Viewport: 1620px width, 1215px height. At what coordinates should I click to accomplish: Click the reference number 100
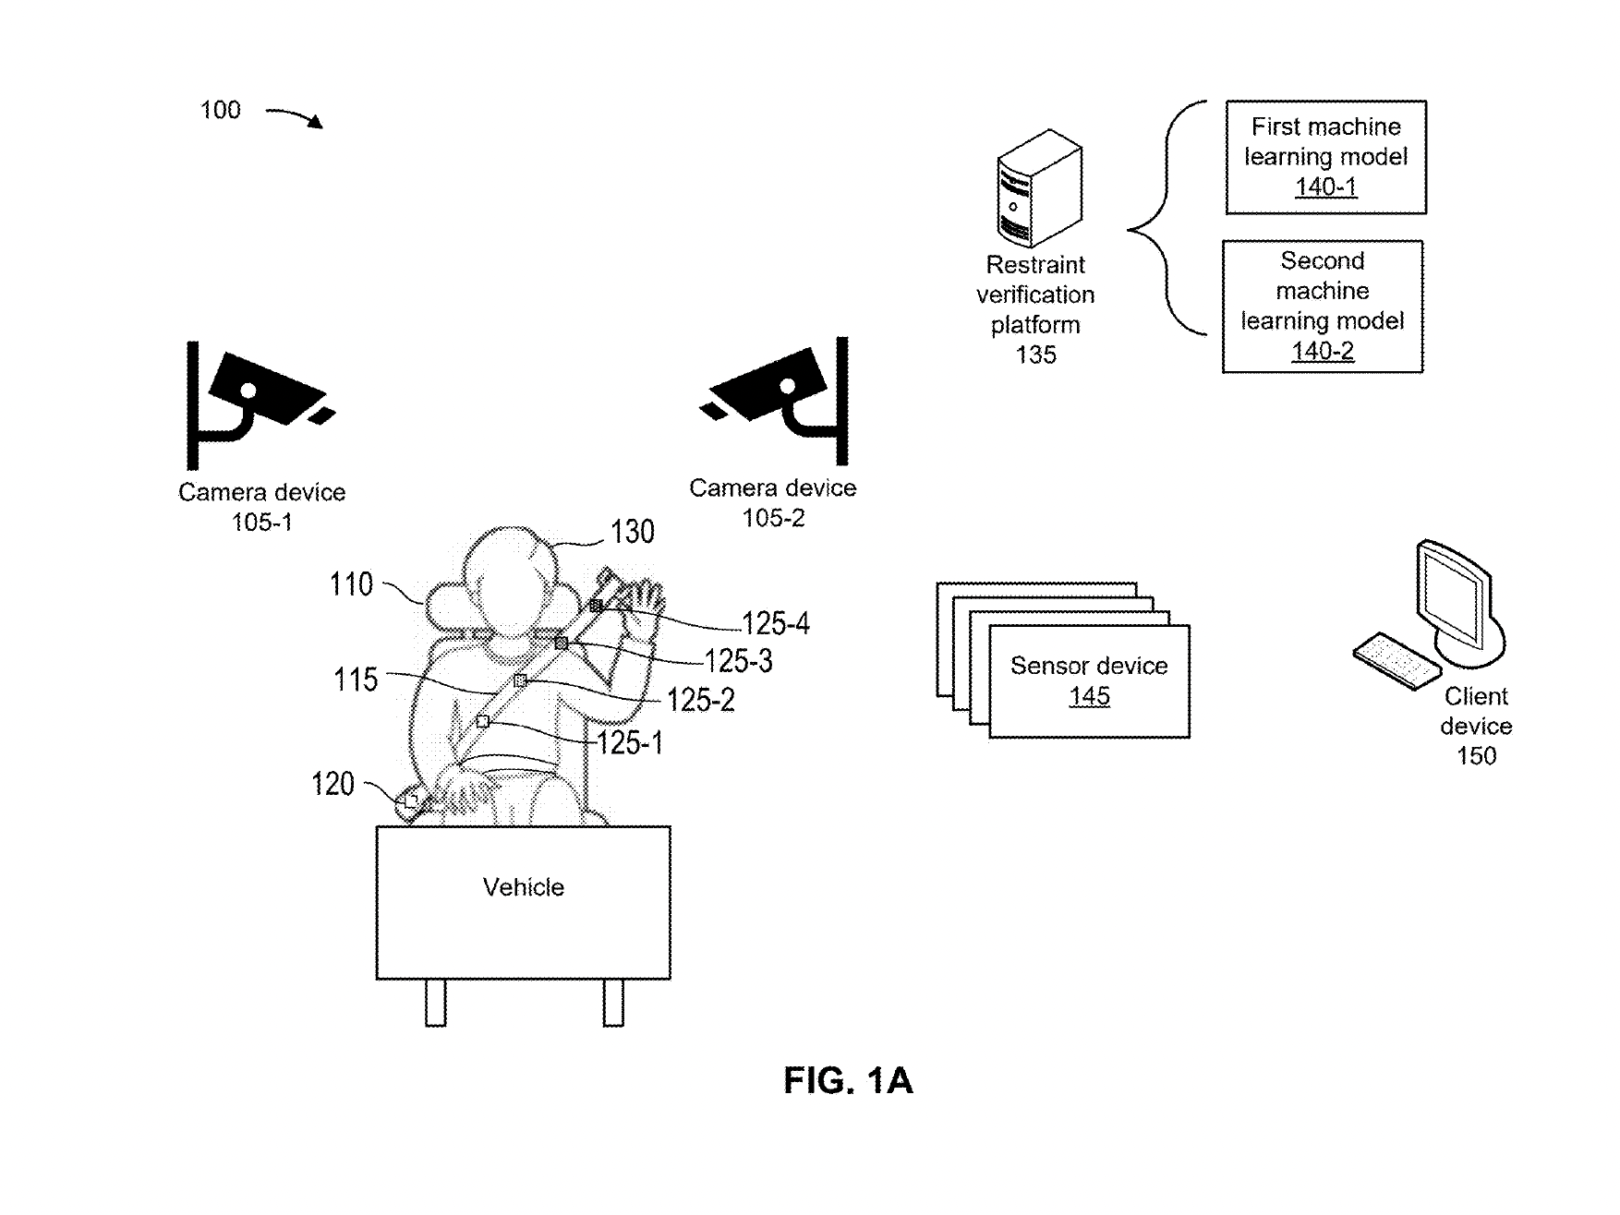coord(220,111)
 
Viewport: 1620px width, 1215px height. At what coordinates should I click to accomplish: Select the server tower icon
coord(1039,189)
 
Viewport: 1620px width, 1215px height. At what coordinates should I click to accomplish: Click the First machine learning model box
coord(1325,157)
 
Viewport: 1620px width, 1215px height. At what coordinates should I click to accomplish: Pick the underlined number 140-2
coord(1322,352)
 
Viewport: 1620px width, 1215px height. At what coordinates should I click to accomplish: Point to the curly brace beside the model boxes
coord(1164,218)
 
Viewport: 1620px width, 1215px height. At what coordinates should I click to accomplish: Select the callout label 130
coord(632,532)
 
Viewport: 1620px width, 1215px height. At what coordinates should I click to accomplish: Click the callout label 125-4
coord(775,624)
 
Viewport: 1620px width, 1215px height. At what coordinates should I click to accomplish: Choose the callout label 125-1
coord(630,743)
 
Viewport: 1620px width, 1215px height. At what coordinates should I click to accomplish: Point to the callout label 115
coord(356,680)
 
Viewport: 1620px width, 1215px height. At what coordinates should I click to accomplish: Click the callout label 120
coord(332,785)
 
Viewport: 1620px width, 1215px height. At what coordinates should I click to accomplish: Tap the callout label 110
coord(351,584)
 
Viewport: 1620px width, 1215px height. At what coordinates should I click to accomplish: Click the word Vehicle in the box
coord(523,887)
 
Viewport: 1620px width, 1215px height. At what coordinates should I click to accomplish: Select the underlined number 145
coord(1089,697)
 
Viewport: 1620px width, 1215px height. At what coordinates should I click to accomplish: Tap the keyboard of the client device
coord(1395,659)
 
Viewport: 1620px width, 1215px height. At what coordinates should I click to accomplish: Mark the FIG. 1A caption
coord(848,1080)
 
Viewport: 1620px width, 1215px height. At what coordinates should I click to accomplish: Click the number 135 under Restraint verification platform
coord(1035,355)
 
